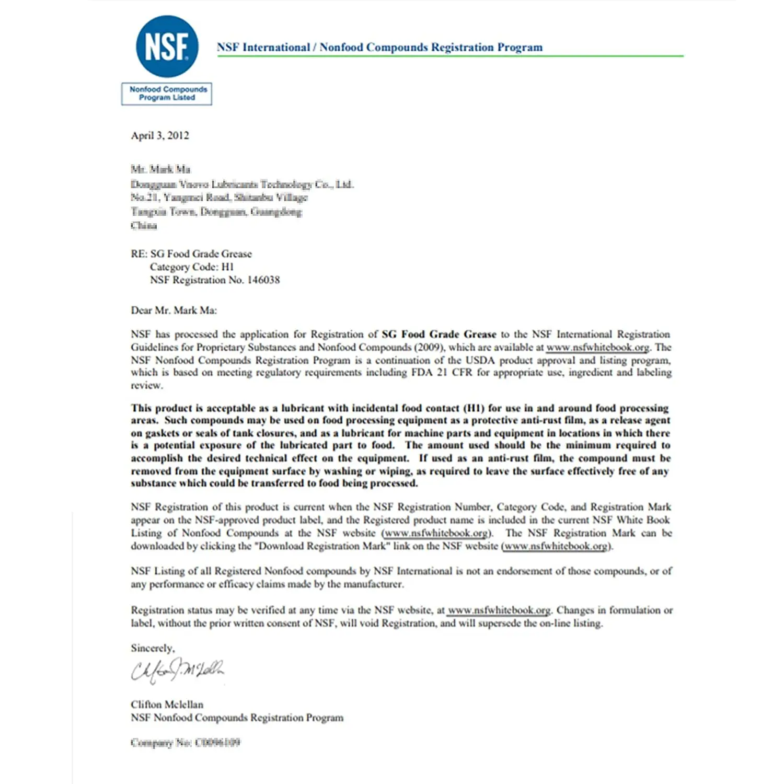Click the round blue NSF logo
point(167,47)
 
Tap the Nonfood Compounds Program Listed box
point(167,94)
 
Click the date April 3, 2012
point(160,136)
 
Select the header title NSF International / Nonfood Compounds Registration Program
point(379,48)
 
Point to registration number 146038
point(263,280)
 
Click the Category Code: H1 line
point(192,267)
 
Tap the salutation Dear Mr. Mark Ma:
point(174,310)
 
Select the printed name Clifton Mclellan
point(167,705)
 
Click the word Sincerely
point(153,648)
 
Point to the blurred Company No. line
point(186,743)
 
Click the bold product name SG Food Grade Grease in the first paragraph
point(439,335)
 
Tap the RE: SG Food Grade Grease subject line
point(191,254)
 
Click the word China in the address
point(144,226)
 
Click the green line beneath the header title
point(449,56)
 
